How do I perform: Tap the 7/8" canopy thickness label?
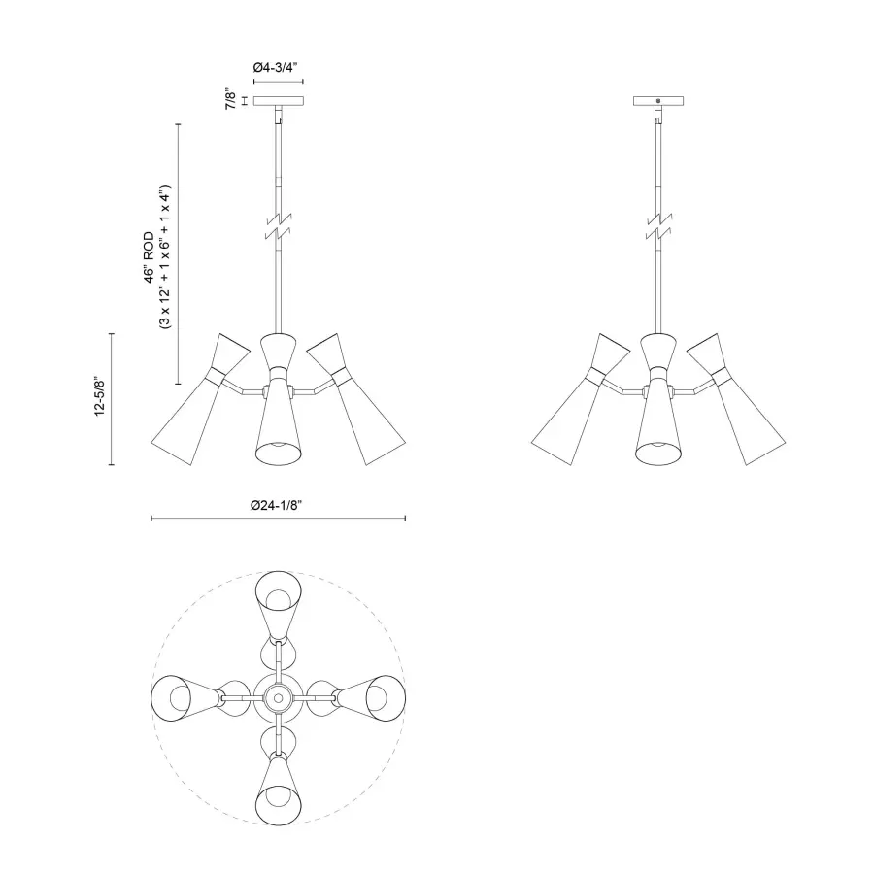[x=230, y=100]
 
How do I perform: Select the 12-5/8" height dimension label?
[x=99, y=398]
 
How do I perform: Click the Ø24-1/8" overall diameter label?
[x=279, y=505]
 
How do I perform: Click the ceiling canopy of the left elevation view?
[x=280, y=100]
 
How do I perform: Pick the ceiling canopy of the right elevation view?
[x=659, y=100]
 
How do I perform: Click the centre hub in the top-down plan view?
[x=279, y=696]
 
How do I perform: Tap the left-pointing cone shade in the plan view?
[x=185, y=696]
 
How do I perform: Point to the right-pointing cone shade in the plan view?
[x=373, y=696]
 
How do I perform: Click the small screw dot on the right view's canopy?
[x=659, y=100]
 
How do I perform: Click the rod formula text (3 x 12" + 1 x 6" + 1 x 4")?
[x=166, y=256]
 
